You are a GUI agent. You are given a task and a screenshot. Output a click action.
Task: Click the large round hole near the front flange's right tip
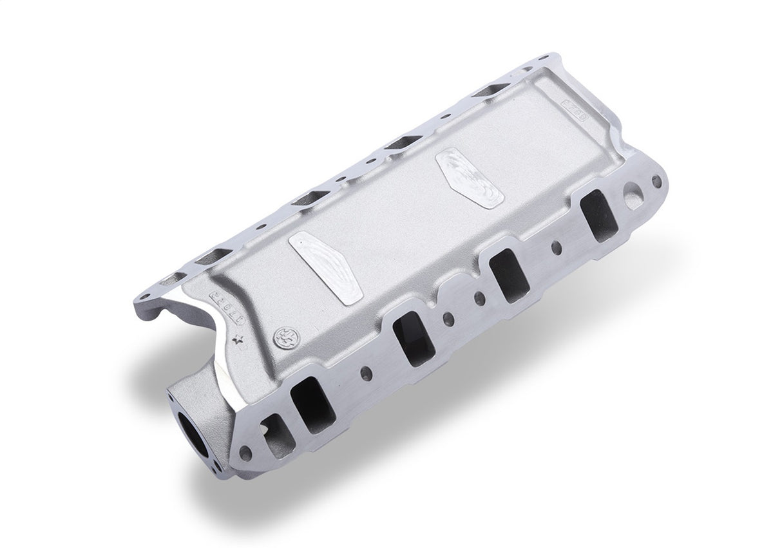coord(633,193)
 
